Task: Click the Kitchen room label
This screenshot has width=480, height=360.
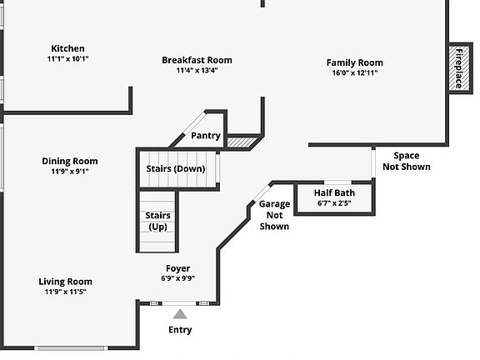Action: (67, 48)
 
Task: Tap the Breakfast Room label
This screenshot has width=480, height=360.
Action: (197, 60)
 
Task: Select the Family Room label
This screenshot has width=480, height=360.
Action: (354, 62)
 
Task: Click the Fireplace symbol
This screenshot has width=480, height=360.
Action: (458, 68)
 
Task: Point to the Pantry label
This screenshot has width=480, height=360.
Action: (205, 136)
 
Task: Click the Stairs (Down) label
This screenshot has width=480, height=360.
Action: (175, 168)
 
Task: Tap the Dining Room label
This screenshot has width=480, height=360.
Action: (69, 161)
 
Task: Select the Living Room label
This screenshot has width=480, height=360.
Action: (65, 282)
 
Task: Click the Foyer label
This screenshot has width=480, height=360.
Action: (177, 268)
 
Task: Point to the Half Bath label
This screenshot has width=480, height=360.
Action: (333, 192)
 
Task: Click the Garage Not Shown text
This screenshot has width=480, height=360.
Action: (274, 215)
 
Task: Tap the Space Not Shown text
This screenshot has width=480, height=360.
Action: (407, 161)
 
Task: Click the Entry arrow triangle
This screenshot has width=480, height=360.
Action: (180, 313)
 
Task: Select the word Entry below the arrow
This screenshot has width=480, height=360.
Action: (180, 330)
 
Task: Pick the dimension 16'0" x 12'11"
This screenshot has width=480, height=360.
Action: (354, 73)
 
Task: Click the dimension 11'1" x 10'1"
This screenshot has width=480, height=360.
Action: (67, 59)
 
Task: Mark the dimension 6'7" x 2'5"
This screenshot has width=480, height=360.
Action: (333, 202)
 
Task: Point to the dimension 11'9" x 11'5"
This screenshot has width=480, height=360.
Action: (65, 292)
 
